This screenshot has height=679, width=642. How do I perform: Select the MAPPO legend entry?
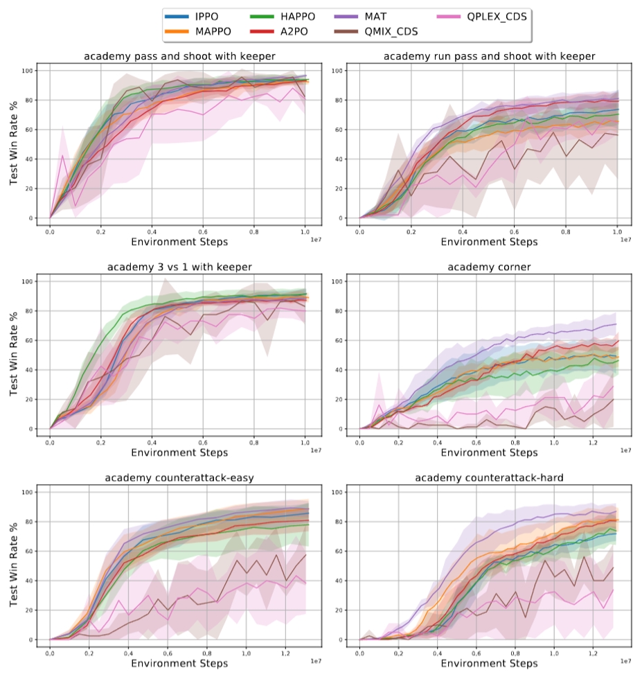[x=204, y=31]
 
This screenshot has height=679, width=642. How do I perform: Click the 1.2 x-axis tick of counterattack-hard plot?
[x=592, y=653]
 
